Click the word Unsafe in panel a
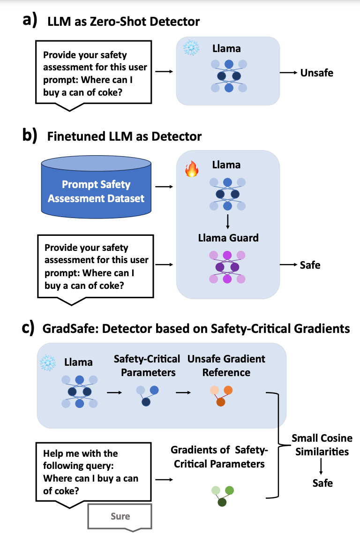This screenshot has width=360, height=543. [317, 73]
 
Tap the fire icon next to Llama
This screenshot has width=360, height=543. [192, 169]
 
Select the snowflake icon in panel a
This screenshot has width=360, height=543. [191, 48]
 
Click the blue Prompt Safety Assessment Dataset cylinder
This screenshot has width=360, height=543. [96, 187]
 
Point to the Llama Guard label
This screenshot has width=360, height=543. [228, 238]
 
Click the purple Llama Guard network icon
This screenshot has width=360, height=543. [227, 267]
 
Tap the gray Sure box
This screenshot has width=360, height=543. [120, 517]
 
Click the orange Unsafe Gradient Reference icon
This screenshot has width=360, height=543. [222, 396]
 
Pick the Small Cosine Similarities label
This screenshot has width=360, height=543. [322, 445]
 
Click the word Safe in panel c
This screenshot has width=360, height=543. [322, 483]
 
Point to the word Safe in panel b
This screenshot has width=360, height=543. [310, 265]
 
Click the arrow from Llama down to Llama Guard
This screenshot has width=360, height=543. [227, 222]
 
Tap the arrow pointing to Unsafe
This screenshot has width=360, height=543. [289, 72]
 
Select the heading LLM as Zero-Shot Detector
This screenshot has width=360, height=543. [124, 22]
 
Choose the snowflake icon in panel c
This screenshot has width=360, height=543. [47, 362]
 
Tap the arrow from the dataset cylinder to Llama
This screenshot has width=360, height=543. [164, 187]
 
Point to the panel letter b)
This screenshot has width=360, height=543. [30, 135]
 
